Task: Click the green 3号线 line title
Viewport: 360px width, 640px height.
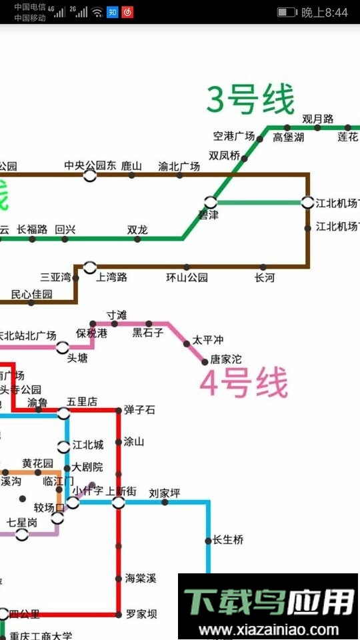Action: coord(250,101)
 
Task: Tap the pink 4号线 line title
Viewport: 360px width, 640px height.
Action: coord(245,384)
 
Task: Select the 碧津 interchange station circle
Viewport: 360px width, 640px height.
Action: coord(211,201)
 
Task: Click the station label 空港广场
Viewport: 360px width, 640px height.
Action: coord(234,137)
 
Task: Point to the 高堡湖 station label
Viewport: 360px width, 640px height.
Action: coord(289,138)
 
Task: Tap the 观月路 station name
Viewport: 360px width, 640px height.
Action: coord(317,119)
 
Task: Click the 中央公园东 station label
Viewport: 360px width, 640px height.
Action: coord(90,165)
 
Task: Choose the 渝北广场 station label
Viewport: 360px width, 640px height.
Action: coord(179,166)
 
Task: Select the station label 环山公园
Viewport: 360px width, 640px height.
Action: coord(187,277)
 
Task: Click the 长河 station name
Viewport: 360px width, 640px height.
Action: coord(264,277)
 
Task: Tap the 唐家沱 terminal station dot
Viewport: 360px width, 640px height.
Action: coord(205,361)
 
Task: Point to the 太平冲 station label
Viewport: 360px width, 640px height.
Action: coord(208,340)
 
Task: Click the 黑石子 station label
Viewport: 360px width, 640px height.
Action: coord(147,333)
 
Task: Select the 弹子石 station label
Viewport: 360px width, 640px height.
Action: coord(139,410)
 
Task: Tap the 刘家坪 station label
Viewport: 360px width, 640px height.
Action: coord(165,493)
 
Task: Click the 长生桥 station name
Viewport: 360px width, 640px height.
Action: coord(228,540)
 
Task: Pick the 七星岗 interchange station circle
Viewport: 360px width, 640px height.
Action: coord(22,534)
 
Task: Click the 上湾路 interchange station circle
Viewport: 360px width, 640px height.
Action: coord(90,267)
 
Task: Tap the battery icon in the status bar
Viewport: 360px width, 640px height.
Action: coord(287,13)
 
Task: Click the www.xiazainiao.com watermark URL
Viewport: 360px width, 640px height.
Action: coord(269,630)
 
